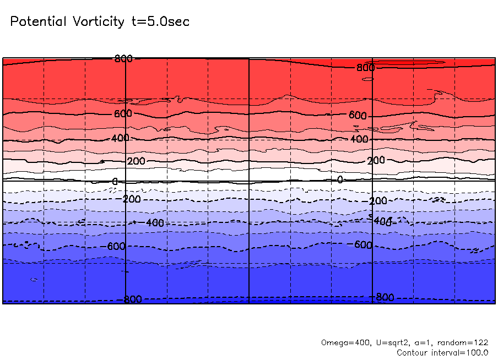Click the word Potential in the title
click(38, 22)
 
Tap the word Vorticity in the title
click(98, 22)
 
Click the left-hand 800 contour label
click(123, 58)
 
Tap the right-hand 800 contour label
click(365, 68)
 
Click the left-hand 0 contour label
click(115, 182)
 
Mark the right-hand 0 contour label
click(340, 179)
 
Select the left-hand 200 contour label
click(136, 161)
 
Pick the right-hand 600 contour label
click(358, 116)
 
